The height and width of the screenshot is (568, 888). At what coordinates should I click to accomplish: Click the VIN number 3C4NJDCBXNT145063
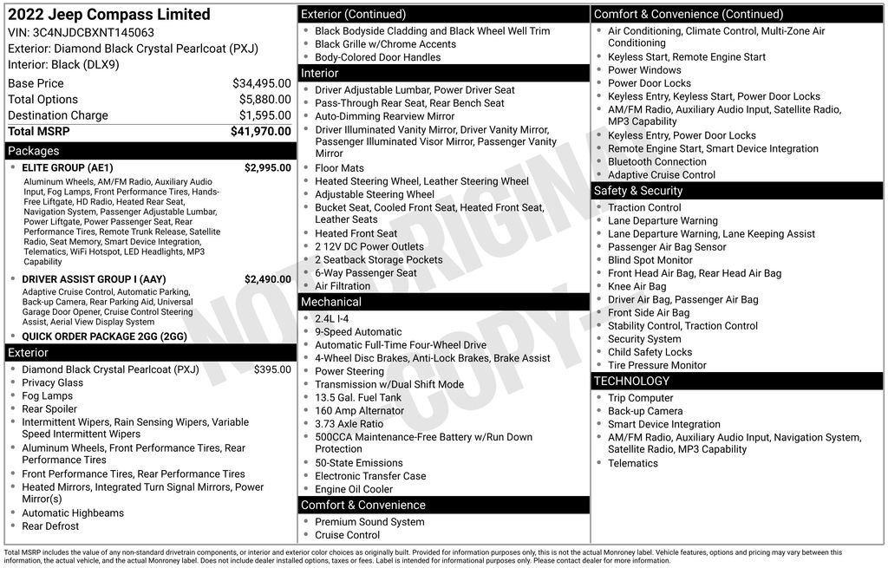coord(93,33)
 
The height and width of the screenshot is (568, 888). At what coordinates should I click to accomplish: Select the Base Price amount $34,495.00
coord(261,83)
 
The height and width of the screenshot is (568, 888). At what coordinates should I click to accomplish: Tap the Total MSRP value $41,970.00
coord(260,131)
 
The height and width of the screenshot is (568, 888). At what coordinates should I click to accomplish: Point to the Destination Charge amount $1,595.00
coord(264,115)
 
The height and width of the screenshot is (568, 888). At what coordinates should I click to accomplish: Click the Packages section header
coord(34,151)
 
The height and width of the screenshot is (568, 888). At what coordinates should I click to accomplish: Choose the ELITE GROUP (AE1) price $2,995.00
coord(267,168)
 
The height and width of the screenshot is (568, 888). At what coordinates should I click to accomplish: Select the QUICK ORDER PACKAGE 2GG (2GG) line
coord(104,336)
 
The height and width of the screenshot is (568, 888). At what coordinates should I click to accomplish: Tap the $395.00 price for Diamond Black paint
coord(272,369)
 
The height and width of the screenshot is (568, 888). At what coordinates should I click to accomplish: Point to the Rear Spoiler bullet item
coord(49,409)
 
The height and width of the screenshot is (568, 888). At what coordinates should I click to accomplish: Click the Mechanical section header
coord(330,302)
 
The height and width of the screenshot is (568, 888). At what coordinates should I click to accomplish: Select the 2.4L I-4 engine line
coord(333,319)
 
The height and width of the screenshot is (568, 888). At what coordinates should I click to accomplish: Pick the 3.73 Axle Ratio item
coord(349,424)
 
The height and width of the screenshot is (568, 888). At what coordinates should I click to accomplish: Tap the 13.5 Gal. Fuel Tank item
coord(358,398)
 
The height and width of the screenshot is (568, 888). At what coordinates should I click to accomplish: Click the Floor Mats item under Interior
coord(339,168)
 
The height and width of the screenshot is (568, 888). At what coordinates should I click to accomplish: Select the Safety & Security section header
coord(637,191)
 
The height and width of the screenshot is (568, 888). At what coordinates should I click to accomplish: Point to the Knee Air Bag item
coord(637,287)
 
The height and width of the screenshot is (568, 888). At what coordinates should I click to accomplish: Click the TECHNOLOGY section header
coord(631,381)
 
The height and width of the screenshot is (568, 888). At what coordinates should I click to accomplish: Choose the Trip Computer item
coord(641,398)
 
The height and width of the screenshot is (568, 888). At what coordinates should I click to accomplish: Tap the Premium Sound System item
coord(369,522)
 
